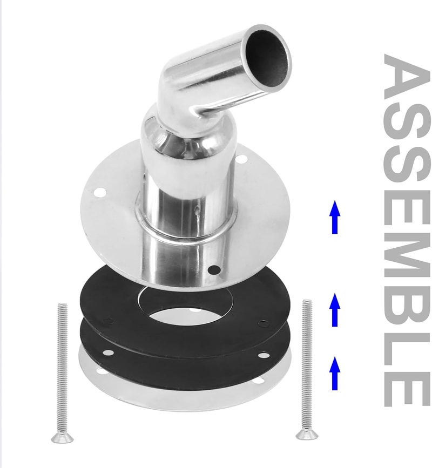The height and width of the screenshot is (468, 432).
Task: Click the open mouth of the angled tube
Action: pyautogui.click(x=268, y=55)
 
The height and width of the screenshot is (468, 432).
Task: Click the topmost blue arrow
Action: pyautogui.click(x=335, y=216)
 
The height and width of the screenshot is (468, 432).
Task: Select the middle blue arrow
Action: pyautogui.click(x=335, y=309)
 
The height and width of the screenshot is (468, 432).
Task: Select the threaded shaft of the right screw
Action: pyautogui.click(x=307, y=362)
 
